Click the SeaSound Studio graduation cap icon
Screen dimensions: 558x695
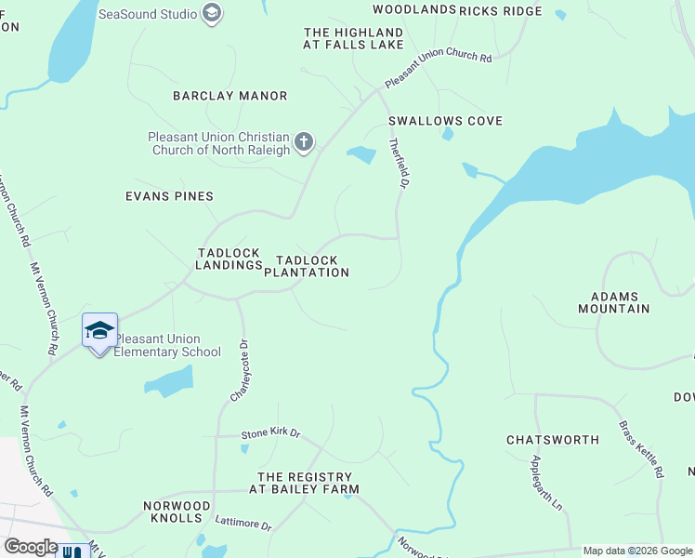pyautogui.click(x=212, y=14)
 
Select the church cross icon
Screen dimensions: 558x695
pyautogui.click(x=303, y=142)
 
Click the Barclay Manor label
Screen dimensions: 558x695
pyautogui.click(x=229, y=96)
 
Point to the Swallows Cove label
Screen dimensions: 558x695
pyautogui.click(x=445, y=121)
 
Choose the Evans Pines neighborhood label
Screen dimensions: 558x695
pyautogui.click(x=169, y=196)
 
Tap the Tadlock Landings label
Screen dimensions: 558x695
pyautogui.click(x=229, y=259)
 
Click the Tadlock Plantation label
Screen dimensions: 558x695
pyautogui.click(x=307, y=266)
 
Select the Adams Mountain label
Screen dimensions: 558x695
pyautogui.click(x=613, y=301)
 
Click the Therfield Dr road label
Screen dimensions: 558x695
pyautogui.click(x=399, y=164)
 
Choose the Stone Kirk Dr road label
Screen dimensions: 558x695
pyautogui.click(x=271, y=433)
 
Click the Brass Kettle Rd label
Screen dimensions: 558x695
pyautogui.click(x=642, y=449)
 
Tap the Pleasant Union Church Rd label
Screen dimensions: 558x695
pyautogui.click(x=437, y=69)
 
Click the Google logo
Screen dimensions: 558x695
pyautogui.click(x=31, y=547)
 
